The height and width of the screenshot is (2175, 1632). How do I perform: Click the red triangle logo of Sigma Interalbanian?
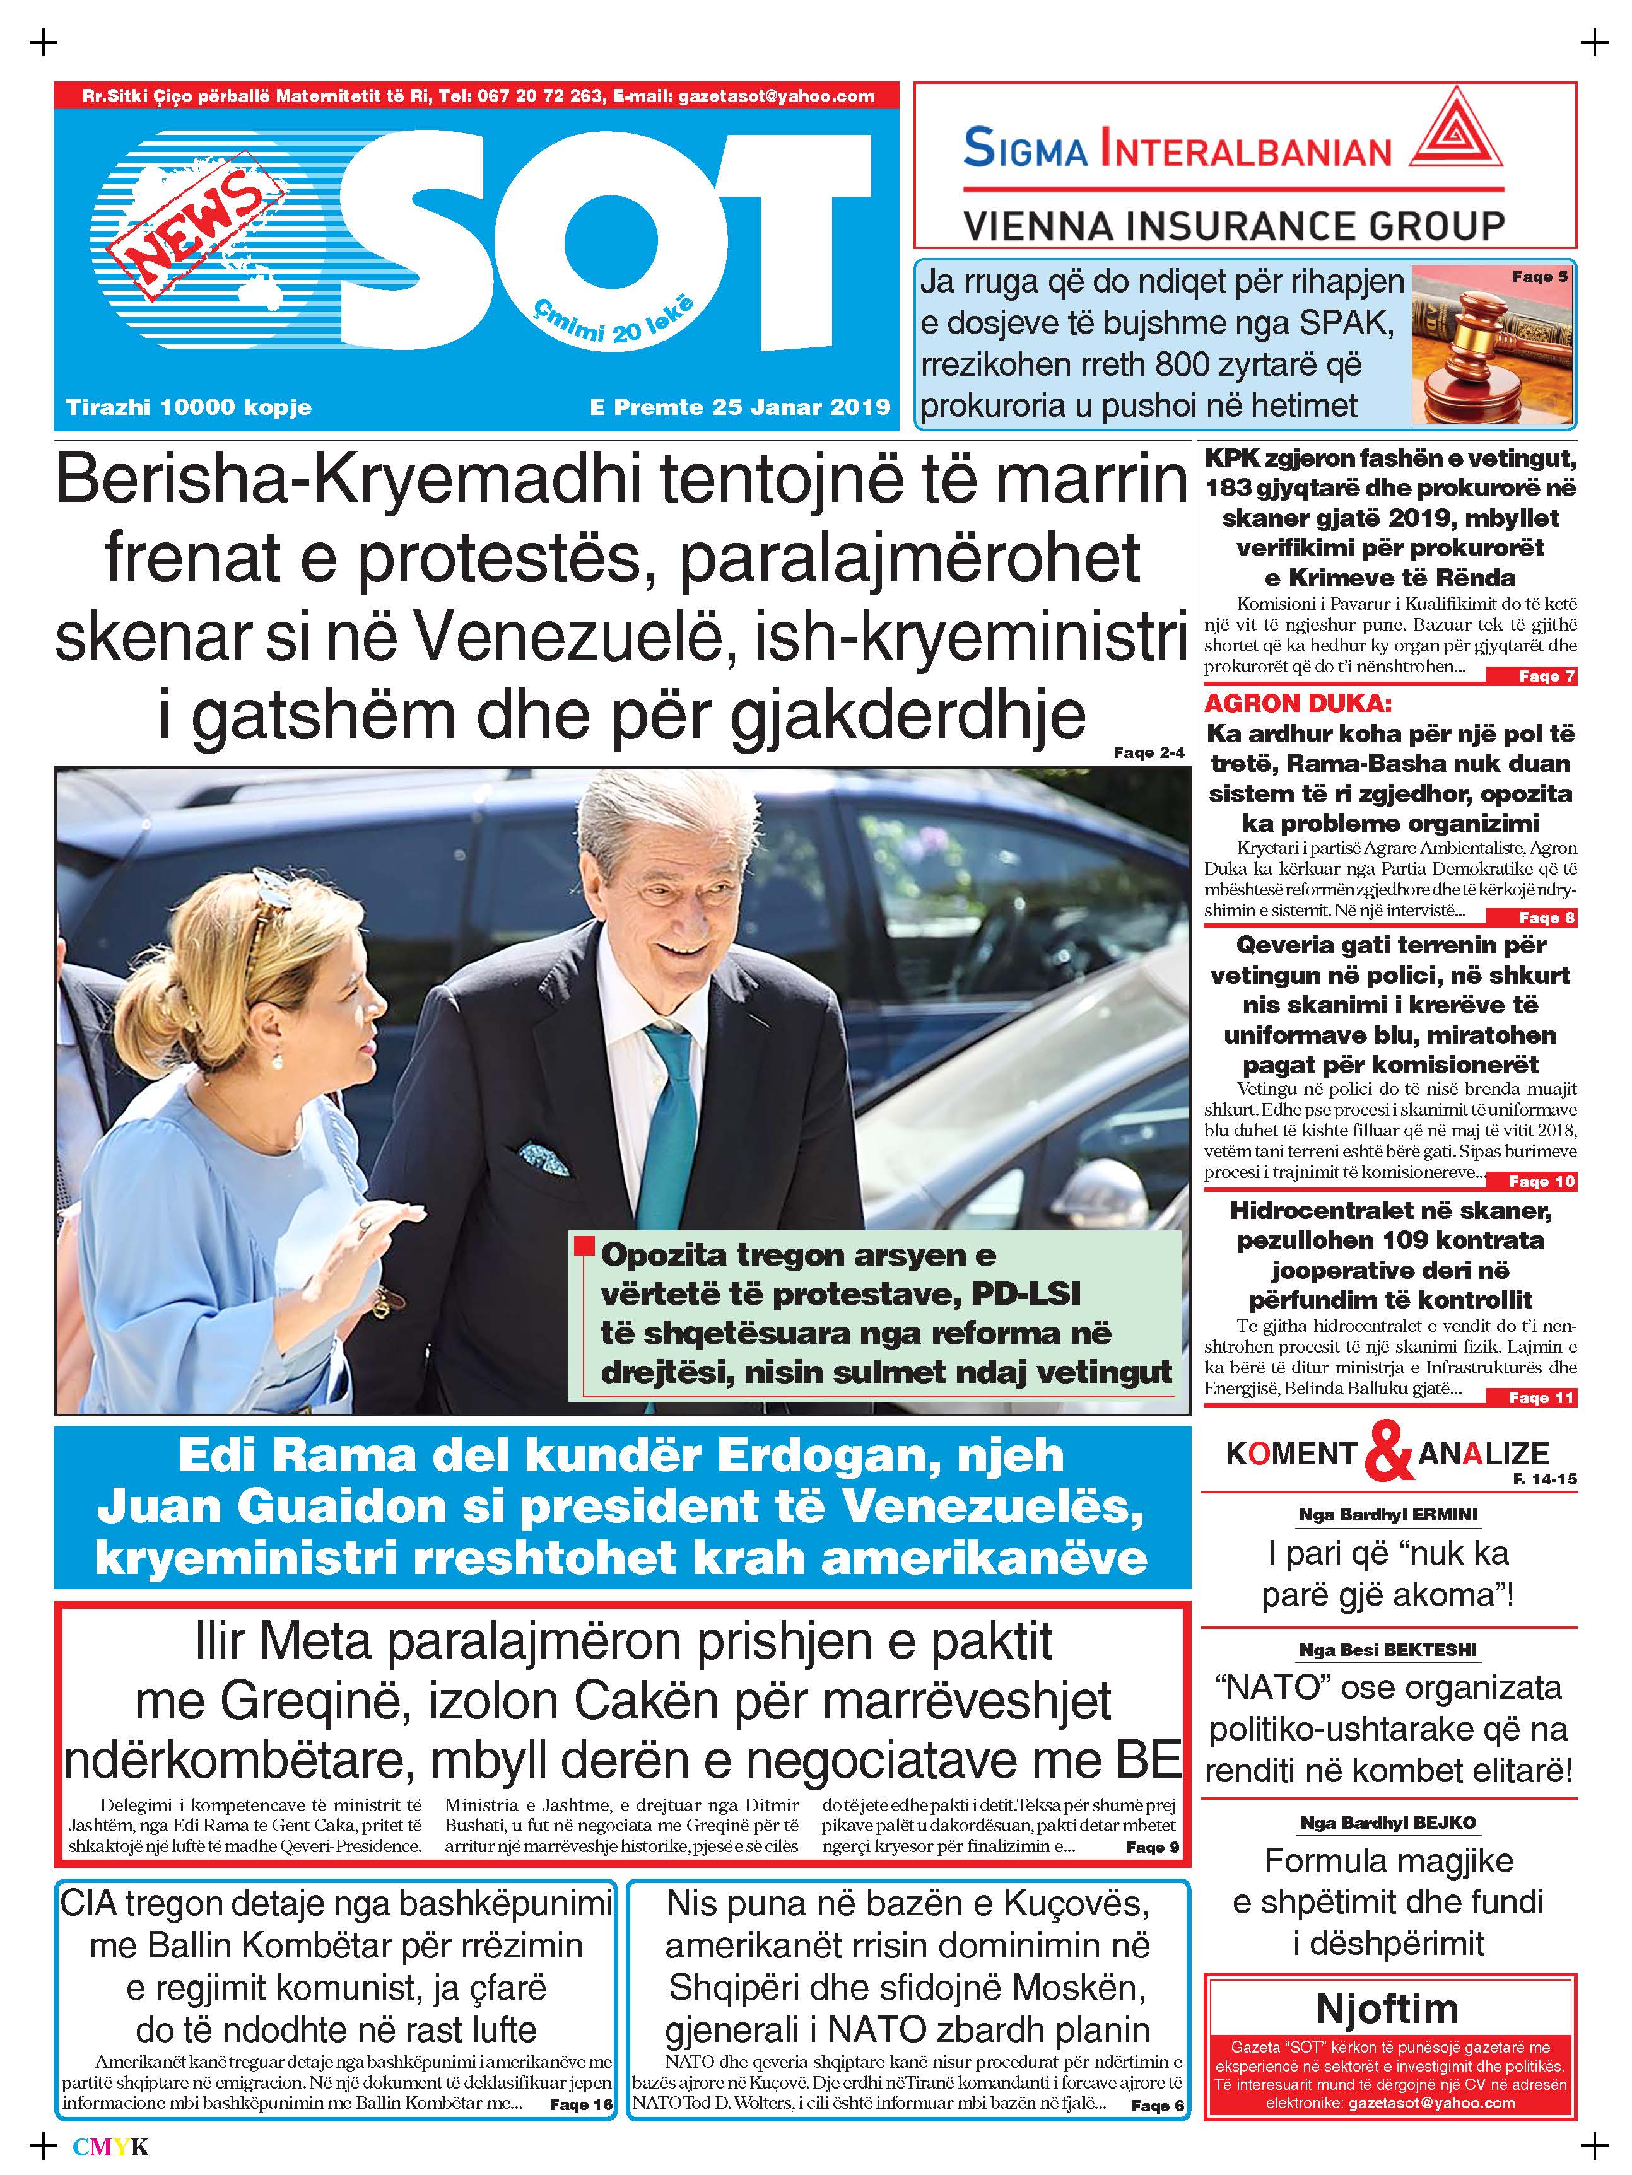click(x=1456, y=132)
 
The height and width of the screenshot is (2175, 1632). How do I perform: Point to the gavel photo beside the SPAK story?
click(x=1490, y=344)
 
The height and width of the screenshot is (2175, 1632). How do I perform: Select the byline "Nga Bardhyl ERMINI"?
click(x=1388, y=1515)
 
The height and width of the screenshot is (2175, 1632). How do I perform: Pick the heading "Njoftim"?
click(x=1387, y=2008)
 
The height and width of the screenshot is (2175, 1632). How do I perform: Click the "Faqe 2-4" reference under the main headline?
click(x=1149, y=752)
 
